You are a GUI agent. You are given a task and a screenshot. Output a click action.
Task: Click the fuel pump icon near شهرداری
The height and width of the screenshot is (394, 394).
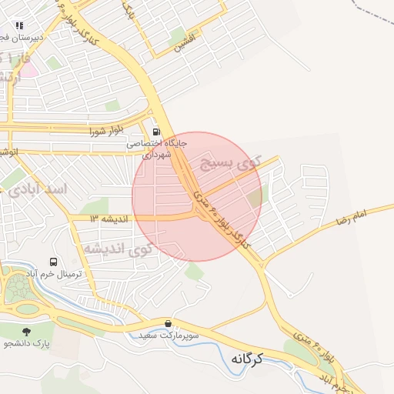157,131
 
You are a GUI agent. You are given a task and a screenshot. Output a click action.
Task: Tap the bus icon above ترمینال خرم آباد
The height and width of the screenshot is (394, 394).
53,263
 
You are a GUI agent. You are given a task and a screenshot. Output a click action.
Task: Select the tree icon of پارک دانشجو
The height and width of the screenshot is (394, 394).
28,331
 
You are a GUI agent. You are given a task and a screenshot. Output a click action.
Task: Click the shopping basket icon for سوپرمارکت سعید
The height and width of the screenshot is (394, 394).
169,323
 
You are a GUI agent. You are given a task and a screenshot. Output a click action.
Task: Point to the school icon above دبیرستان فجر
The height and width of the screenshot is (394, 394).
19,25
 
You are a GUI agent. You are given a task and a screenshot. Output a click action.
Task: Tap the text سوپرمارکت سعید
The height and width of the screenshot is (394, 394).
169,336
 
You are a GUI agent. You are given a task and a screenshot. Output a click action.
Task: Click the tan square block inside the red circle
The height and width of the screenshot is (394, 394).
255,198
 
